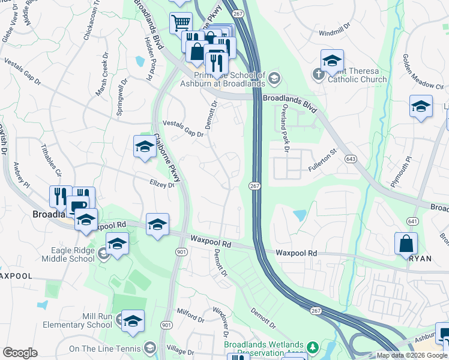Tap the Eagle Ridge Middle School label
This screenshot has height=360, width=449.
tap(67, 254)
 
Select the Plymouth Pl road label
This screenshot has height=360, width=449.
tap(401, 173)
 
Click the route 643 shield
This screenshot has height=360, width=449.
tap(350, 159)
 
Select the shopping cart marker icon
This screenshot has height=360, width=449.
tap(181, 23)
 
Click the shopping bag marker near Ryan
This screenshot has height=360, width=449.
tap(406, 243)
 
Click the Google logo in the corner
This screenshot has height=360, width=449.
tap(20, 353)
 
